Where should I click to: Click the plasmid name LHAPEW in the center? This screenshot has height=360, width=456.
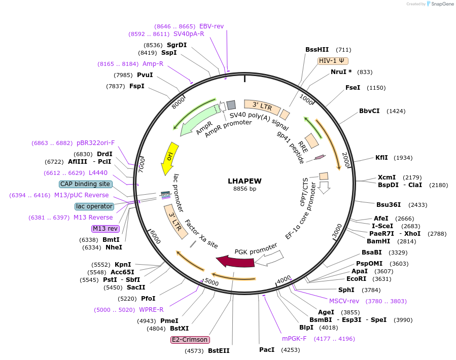(244, 181)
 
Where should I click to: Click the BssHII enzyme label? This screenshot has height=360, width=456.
(317, 50)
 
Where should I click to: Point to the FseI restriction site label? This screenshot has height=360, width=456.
(353, 88)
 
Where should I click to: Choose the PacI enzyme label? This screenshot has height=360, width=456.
(267, 349)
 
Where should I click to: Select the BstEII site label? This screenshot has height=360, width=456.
(219, 350)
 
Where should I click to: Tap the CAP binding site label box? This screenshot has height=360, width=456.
(85, 184)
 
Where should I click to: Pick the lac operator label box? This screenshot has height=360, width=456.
(94, 206)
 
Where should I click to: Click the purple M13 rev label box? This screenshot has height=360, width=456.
(105, 229)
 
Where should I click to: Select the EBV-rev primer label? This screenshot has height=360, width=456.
(212, 26)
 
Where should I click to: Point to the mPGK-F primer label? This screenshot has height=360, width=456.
(294, 339)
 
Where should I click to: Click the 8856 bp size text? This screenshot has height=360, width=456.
(244, 189)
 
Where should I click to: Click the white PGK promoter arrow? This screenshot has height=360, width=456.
(268, 258)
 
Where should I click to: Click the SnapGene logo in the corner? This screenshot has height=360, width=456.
(440, 4)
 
